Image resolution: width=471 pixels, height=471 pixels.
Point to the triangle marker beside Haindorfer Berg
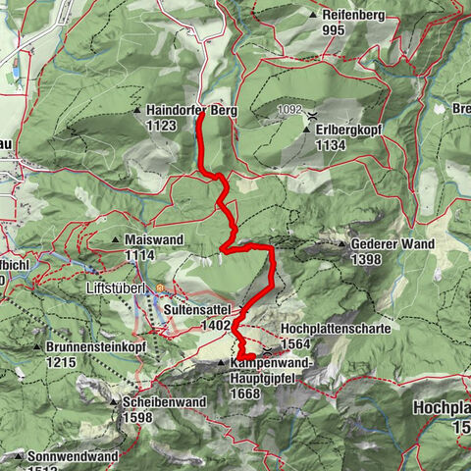point(139,111)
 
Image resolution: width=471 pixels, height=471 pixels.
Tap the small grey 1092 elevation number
point(288,110)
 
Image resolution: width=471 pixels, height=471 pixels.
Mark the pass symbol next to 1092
point(312,115)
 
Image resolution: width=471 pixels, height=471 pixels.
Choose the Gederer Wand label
point(392,243)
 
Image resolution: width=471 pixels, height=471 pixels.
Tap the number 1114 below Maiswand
point(141,254)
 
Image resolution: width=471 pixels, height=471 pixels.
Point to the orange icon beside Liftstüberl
point(161,289)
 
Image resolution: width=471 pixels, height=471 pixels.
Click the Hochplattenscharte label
point(336,329)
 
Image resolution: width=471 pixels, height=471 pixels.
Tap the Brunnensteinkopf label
point(88,347)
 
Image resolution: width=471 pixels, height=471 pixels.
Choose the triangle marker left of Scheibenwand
point(115,402)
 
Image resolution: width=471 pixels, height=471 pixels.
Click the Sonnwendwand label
point(74,456)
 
